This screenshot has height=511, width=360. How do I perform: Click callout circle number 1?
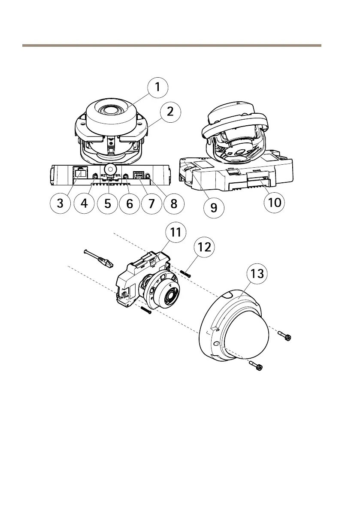click(x=157, y=87)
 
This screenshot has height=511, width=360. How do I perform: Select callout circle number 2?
click(x=170, y=112)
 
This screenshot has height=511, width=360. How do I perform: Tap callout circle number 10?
click(x=273, y=203)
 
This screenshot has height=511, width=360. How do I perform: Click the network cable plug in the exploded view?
click(x=104, y=261)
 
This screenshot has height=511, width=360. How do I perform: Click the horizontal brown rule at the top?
click(x=172, y=45)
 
